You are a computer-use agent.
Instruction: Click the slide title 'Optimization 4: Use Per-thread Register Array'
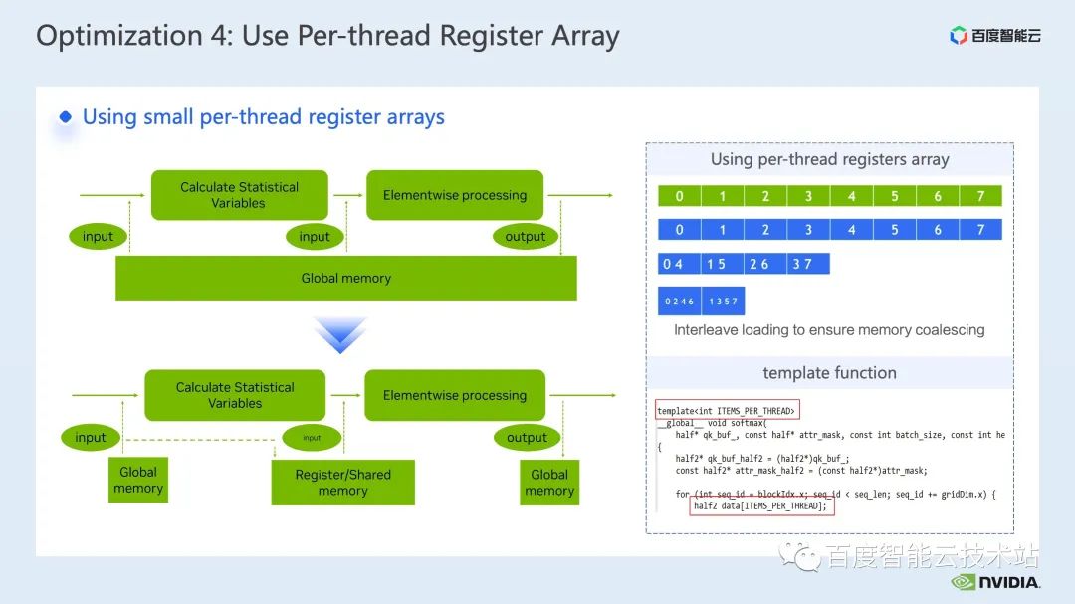[x=327, y=37]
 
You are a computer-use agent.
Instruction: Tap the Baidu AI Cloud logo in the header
[x=994, y=36]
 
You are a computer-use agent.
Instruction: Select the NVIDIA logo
[x=995, y=582]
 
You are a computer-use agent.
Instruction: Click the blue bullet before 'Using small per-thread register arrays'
[x=66, y=117]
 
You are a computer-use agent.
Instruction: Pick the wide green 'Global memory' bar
[x=346, y=278]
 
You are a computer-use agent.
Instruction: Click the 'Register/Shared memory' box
[x=342, y=483]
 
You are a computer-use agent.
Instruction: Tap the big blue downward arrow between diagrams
[x=340, y=335]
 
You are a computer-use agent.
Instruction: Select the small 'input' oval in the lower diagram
[x=312, y=437]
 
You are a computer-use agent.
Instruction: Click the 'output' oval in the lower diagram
[x=527, y=437]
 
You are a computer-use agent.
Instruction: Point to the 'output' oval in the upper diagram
[x=525, y=236]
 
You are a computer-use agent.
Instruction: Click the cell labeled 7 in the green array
[x=980, y=196]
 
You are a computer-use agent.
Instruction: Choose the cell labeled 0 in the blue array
[x=680, y=230]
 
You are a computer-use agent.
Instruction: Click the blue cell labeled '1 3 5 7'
[x=723, y=301]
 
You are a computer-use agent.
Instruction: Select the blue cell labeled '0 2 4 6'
[x=680, y=301]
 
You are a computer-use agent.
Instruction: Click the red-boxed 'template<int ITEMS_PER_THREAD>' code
[x=727, y=411]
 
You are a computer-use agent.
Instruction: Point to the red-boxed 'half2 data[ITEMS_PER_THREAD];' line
[x=761, y=505]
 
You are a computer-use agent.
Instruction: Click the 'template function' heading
[x=829, y=373]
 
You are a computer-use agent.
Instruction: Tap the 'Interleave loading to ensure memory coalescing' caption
[x=829, y=329]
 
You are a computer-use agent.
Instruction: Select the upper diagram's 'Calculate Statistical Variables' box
[x=239, y=195]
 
